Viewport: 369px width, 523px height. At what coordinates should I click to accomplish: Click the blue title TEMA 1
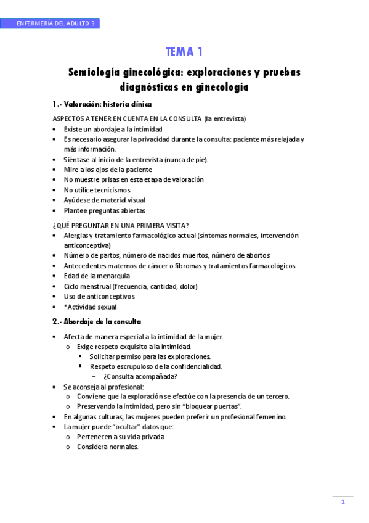tap(184, 51)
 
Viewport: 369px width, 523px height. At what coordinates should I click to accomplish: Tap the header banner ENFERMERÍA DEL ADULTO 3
tap(55, 23)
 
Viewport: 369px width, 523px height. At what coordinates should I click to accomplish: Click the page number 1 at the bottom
tap(343, 501)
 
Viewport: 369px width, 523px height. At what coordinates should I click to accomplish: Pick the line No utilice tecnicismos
tap(97, 190)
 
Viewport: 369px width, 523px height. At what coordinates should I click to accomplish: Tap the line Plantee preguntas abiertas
tap(104, 210)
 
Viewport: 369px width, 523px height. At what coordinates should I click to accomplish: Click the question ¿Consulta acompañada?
tap(140, 376)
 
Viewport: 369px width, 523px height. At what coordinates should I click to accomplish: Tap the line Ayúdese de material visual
tap(104, 200)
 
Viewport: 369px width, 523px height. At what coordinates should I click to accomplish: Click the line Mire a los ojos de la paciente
tap(108, 169)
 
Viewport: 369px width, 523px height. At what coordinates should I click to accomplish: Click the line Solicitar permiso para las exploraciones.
tap(150, 356)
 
